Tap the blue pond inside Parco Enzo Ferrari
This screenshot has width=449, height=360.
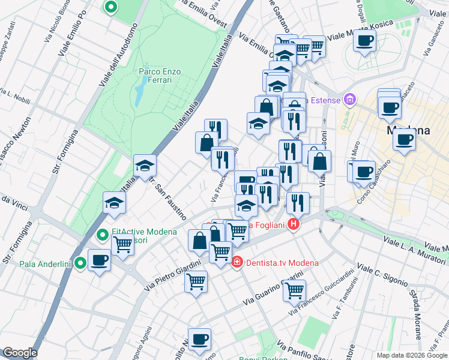coord(139,94)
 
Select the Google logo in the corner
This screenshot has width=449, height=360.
coord(19,353)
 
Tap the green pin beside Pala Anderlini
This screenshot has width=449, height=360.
coord(80,263)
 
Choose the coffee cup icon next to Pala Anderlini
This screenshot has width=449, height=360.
coord(99,260)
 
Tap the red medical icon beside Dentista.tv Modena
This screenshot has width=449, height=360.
coord(237,262)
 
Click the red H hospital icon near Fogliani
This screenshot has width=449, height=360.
coord(294,226)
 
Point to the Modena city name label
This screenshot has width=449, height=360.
coord(408,130)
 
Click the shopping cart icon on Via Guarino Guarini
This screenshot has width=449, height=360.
coord(294,290)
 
